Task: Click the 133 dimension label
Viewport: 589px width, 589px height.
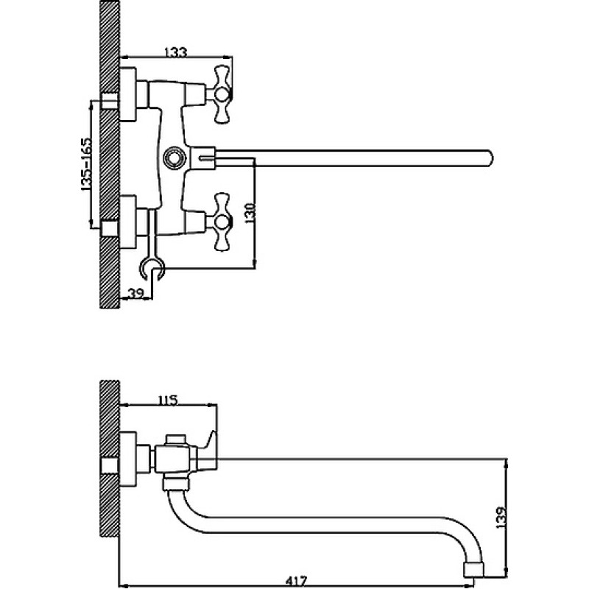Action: click(x=175, y=52)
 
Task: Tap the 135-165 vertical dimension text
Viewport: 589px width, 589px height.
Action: click(x=86, y=164)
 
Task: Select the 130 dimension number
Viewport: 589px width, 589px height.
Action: click(x=250, y=213)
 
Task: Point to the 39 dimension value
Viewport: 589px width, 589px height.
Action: click(x=136, y=293)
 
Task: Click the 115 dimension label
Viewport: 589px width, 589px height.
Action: click(x=167, y=401)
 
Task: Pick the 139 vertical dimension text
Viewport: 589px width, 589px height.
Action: click(x=501, y=518)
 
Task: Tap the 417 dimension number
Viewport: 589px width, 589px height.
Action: click(x=296, y=581)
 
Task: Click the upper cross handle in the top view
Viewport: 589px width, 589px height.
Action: click(x=222, y=94)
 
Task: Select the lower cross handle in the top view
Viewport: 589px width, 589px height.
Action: click(x=222, y=222)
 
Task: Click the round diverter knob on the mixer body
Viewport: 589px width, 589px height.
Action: click(x=174, y=156)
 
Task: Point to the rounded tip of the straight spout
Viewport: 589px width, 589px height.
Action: click(x=490, y=158)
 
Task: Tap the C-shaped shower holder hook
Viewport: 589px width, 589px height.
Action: click(x=152, y=268)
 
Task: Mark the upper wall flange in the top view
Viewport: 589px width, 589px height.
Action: click(x=127, y=94)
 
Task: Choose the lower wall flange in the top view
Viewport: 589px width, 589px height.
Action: click(x=127, y=222)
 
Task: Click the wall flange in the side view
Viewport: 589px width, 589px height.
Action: click(x=127, y=459)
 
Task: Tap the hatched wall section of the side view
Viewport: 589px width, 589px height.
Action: click(x=109, y=462)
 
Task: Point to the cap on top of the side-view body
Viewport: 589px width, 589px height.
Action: click(x=176, y=439)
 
